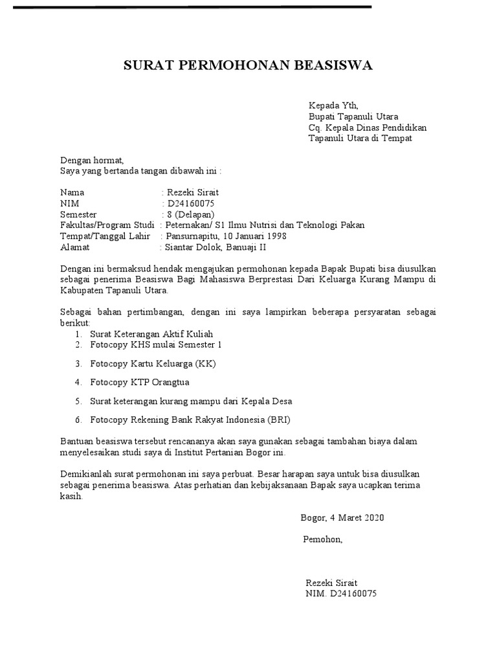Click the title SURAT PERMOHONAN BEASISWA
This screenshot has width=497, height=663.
click(248, 66)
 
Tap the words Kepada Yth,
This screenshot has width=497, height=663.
click(333, 106)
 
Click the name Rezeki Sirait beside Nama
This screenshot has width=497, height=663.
click(195, 192)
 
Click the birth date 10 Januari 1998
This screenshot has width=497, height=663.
click(255, 236)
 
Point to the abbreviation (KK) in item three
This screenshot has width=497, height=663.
click(204, 364)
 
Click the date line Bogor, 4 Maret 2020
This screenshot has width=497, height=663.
click(342, 517)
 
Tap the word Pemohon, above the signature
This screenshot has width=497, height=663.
click(323, 539)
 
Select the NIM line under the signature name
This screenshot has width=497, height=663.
click(341, 594)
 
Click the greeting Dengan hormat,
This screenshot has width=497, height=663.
click(92, 160)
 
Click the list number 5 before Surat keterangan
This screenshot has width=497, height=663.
click(77, 401)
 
